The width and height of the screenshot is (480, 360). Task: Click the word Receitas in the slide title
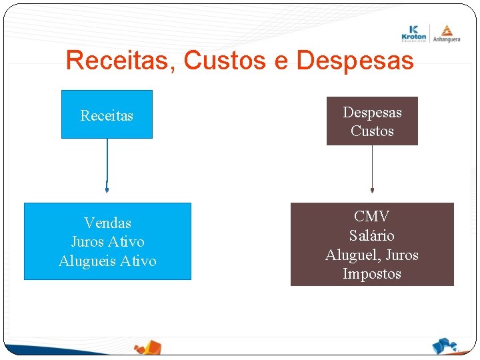coord(119,61)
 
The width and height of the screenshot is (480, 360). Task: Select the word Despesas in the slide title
coord(355,61)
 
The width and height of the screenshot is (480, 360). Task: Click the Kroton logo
coord(414,33)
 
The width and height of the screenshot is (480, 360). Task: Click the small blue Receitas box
coord(107,115)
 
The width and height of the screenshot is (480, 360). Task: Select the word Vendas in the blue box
coord(107,223)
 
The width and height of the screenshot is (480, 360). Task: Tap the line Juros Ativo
coord(107,241)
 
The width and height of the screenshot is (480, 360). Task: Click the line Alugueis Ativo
coord(107,261)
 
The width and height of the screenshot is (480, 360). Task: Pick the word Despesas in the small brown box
coord(372,112)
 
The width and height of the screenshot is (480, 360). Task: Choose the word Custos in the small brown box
coord(372,131)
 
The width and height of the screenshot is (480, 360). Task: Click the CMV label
coord(372,216)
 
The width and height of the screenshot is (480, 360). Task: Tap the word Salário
coord(372,235)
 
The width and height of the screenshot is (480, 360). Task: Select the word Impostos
coord(372,274)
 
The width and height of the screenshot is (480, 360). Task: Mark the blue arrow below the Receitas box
coord(107,167)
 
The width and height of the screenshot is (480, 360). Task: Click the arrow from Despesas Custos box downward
coord(372,170)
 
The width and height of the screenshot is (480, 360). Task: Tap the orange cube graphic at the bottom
coord(148,347)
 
